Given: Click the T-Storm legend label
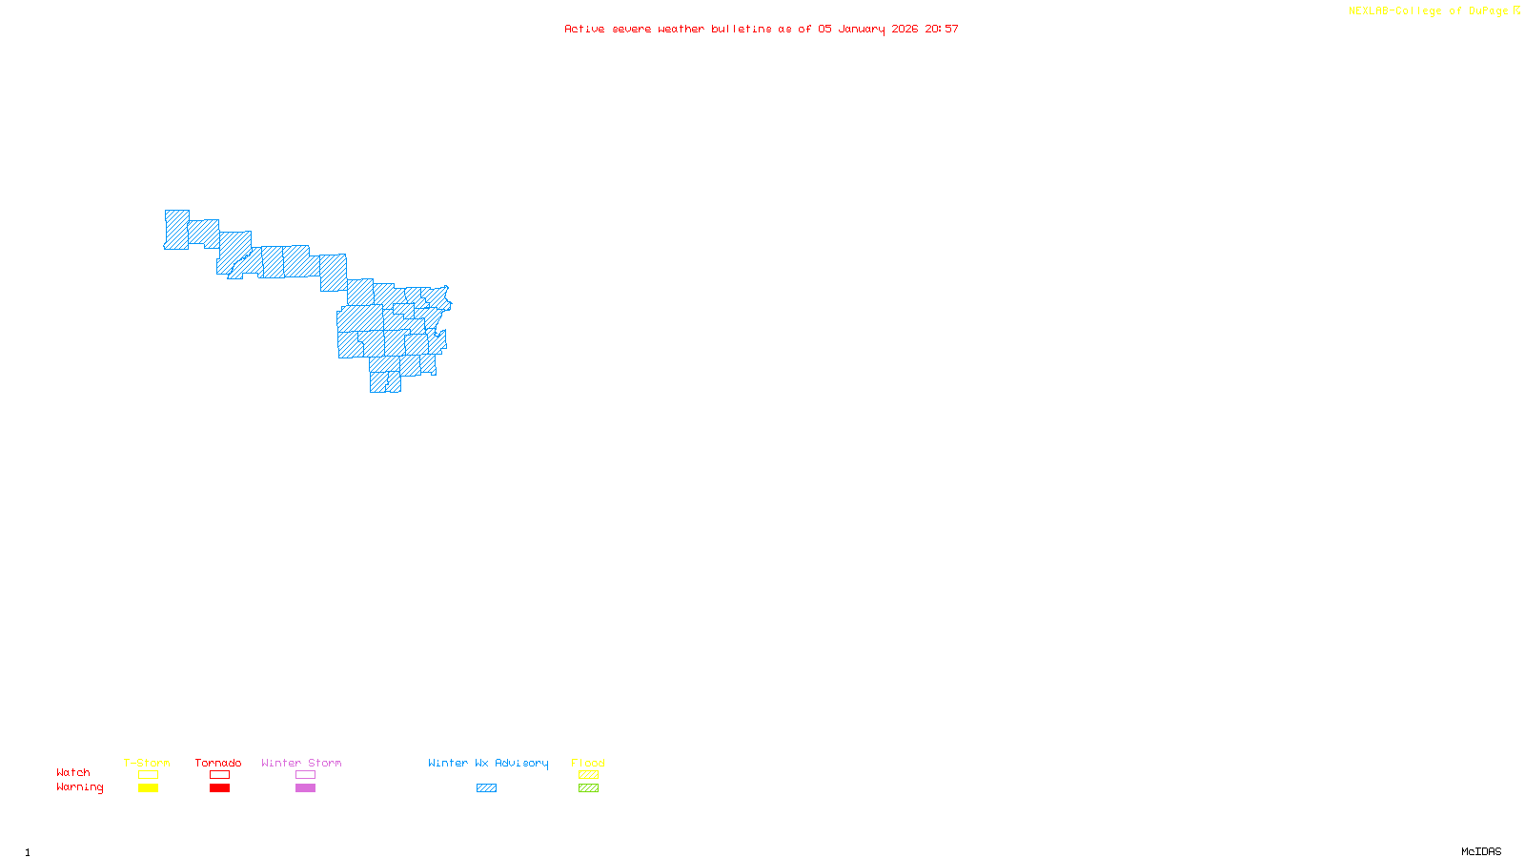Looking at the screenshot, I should [147, 763].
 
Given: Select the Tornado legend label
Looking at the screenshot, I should [218, 763].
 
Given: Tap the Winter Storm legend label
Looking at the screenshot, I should [301, 763].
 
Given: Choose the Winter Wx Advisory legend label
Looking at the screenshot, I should [488, 763].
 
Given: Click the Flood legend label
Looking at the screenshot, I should [588, 763].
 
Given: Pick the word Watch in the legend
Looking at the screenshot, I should [73, 772].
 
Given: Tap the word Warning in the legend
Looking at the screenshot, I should [80, 787].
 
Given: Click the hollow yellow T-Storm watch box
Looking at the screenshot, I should [148, 775].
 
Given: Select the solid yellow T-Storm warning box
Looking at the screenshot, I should [148, 788].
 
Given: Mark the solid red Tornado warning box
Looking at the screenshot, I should [219, 788].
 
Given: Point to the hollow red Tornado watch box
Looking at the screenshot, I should [219, 775].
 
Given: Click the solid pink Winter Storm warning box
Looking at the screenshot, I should [305, 788].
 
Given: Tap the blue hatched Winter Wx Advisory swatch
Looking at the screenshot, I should [486, 788].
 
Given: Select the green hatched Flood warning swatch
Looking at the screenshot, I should [588, 788].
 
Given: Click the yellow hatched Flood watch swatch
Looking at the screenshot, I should [588, 775].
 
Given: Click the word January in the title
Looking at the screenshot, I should [861, 29].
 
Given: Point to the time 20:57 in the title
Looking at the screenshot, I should [941, 29].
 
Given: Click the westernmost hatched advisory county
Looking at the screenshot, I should [176, 230].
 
